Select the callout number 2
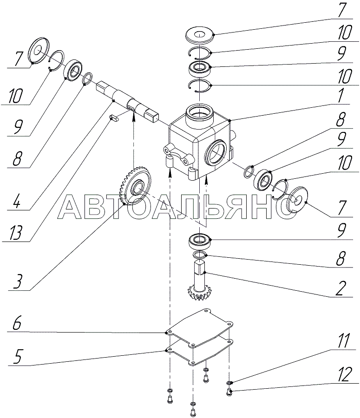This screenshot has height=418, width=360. pyautogui.click(x=341, y=288)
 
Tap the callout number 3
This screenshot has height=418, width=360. pyautogui.click(x=18, y=281)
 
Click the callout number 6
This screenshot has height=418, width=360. pyautogui.click(x=17, y=325)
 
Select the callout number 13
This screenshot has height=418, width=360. pyautogui.click(x=17, y=232)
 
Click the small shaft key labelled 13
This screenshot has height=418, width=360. pyautogui.click(x=114, y=118)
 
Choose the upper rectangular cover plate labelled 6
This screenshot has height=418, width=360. pyautogui.click(x=200, y=327)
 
